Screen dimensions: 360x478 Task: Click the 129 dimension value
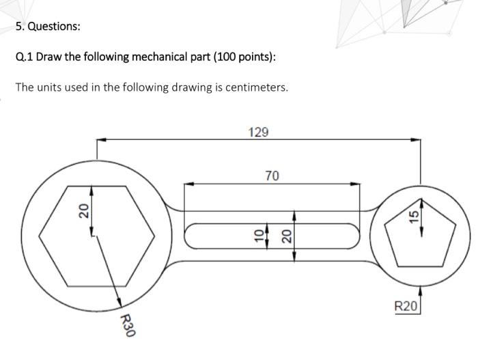pos(258,132)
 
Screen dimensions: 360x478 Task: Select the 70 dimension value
pos(272,176)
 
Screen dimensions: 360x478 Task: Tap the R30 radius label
pos(127,326)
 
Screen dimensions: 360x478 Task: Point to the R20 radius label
pos(405,306)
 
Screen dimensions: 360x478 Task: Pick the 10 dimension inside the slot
pos(258,235)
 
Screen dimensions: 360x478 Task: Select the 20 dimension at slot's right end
pos(287,236)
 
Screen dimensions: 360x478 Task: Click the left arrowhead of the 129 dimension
pos(100,140)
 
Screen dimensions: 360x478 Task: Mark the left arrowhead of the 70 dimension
pos(186,184)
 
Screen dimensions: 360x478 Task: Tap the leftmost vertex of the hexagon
pos(39,236)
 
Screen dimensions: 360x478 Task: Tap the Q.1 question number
pos(24,57)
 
